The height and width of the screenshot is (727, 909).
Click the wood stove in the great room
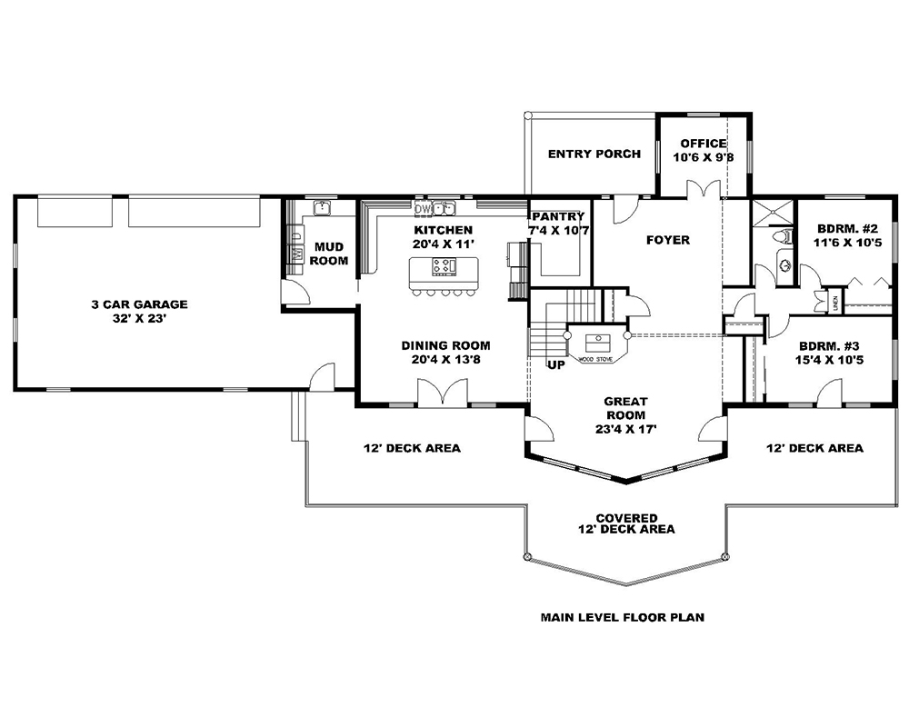598,344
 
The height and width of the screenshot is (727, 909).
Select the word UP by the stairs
556,364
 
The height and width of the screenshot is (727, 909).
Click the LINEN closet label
834,301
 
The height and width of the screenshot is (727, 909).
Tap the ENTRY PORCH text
594,154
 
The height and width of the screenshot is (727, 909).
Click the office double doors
697,189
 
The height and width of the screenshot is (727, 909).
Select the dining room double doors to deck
442,393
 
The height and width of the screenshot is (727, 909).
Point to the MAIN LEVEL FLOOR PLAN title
623,617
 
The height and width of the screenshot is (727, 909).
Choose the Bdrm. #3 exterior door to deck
827,393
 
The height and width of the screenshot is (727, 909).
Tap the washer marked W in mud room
296,254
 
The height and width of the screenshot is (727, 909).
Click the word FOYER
667,240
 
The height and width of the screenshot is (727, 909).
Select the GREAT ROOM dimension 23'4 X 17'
625,429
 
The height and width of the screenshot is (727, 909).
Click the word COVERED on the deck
626,517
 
